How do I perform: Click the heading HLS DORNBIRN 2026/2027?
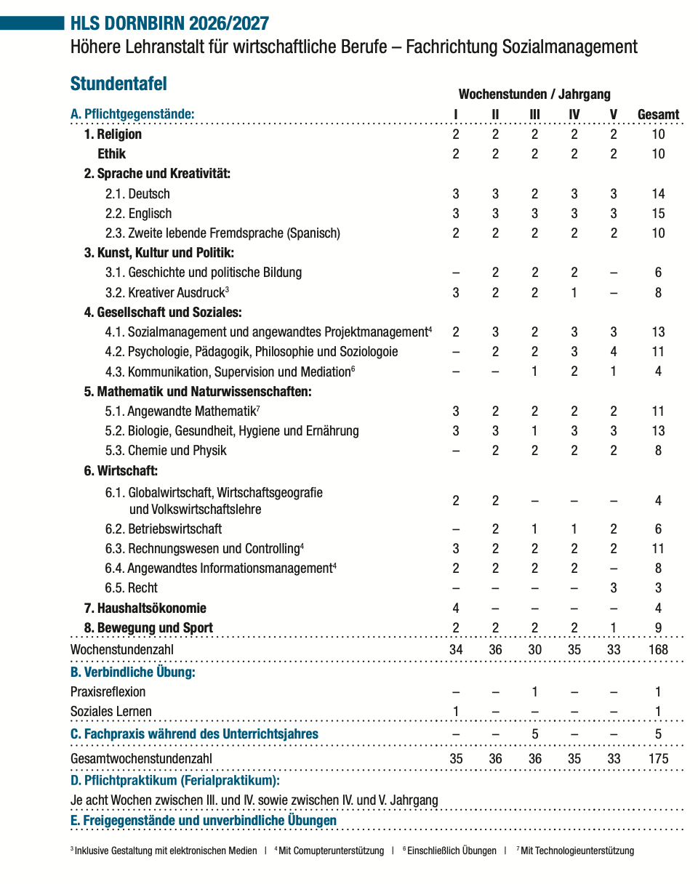tap(169, 23)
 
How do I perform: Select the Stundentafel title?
tap(119, 84)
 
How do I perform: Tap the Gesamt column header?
tap(658, 114)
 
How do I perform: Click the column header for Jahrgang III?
tap(534, 114)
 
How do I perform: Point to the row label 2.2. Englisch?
tap(138, 214)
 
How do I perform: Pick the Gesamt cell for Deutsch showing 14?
tap(658, 194)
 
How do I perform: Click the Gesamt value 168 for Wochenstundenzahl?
tap(658, 649)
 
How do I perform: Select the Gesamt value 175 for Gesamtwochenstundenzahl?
tap(658, 759)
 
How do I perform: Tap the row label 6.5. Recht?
tap(131, 588)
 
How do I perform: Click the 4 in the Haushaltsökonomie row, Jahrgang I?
tap(456, 608)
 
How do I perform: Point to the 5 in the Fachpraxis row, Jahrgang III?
tap(534, 734)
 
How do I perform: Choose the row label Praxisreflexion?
tap(108, 692)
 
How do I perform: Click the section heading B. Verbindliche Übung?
tap(132, 672)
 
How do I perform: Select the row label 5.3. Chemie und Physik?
tap(166, 451)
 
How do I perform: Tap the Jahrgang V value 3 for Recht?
tap(614, 588)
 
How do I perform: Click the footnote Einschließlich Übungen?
tap(451, 851)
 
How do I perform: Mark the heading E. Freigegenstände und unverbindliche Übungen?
tap(204, 821)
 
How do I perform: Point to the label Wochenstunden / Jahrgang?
tap(534, 95)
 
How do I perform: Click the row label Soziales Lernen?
tap(111, 712)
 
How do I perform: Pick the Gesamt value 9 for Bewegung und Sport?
tap(658, 628)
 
